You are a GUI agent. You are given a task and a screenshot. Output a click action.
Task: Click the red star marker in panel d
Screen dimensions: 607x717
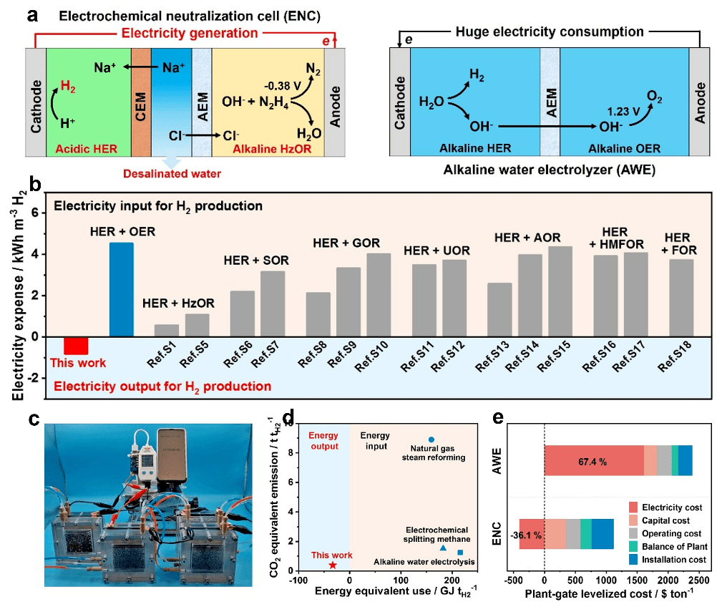(x=333, y=565)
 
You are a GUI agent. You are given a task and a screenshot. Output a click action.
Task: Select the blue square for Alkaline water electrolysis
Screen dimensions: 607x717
(x=460, y=553)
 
